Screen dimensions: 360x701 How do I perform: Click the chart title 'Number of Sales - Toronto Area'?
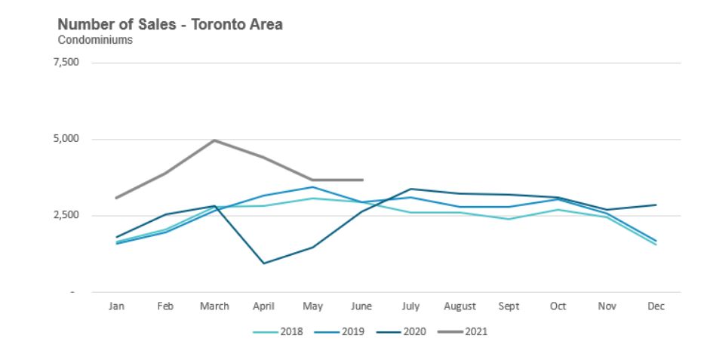click(171, 25)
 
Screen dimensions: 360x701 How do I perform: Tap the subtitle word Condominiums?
click(95, 41)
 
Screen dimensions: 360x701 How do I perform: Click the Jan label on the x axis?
click(116, 306)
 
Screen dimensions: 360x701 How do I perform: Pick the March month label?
click(214, 306)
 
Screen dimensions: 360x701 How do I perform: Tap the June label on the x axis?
click(361, 306)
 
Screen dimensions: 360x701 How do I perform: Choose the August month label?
click(460, 306)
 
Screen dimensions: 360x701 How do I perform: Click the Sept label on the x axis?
click(509, 306)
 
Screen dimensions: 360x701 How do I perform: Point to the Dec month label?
click(656, 306)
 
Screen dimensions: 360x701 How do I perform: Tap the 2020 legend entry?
click(411, 331)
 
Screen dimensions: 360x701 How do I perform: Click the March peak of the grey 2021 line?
click(214, 140)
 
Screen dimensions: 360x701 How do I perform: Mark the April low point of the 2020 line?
click(263, 263)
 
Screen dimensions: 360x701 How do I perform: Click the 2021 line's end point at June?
click(362, 180)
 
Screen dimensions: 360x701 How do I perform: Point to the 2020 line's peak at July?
click(410, 189)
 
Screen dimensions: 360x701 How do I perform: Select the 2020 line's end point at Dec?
click(656, 205)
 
